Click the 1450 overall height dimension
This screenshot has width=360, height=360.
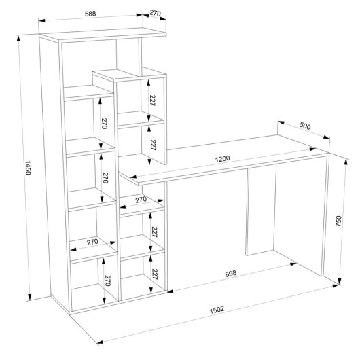(28, 168)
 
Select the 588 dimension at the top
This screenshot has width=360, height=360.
(90, 14)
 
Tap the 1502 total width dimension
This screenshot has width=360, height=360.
(217, 310)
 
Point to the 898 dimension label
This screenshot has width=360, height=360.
(230, 274)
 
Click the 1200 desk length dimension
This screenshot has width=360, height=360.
(222, 159)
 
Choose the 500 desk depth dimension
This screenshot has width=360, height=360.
(305, 126)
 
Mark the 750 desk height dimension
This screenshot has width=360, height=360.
(338, 221)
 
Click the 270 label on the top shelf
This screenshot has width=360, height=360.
(155, 13)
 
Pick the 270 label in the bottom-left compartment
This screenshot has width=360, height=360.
(108, 281)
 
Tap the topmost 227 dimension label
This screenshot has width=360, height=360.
(152, 100)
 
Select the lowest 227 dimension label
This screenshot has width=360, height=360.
(154, 274)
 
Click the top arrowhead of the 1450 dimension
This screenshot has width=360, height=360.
(18, 39)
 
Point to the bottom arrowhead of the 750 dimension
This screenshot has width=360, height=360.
(340, 281)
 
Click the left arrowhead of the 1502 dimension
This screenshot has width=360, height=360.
(101, 342)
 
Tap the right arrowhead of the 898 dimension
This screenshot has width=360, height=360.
(293, 264)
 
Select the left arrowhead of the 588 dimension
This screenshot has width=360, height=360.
(42, 20)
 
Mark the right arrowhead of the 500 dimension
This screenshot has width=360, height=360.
(327, 137)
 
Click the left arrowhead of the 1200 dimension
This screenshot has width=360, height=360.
(133, 177)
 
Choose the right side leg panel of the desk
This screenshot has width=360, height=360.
(325, 215)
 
